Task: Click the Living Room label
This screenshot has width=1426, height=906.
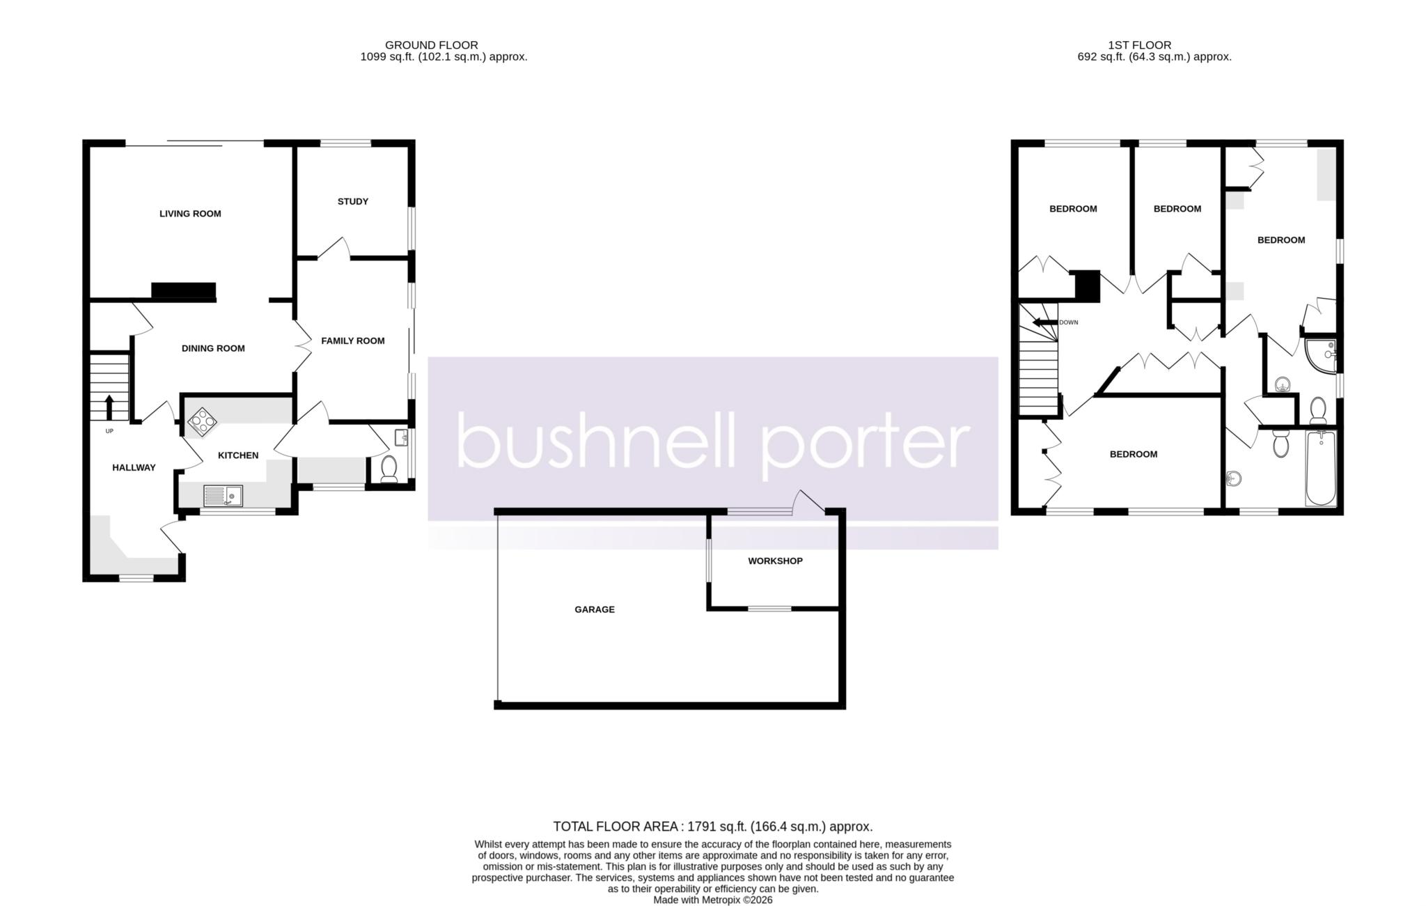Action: [190, 214]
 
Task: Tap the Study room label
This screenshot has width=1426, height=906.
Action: [353, 202]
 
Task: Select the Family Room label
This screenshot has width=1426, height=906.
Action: [353, 341]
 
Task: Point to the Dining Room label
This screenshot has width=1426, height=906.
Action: [213, 348]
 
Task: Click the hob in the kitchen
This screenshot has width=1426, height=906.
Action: [203, 421]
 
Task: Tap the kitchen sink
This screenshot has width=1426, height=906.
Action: [223, 496]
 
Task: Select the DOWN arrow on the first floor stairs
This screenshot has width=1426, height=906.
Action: [1044, 322]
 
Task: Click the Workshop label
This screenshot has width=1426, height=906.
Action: [775, 561]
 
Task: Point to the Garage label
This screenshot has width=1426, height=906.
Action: [595, 610]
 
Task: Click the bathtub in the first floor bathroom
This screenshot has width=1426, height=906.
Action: [1320, 468]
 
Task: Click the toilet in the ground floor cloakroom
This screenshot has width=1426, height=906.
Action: [389, 469]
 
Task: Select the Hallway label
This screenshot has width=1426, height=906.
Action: [134, 468]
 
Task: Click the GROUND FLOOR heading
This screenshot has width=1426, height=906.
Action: [432, 45]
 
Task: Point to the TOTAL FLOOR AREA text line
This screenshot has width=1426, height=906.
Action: [713, 827]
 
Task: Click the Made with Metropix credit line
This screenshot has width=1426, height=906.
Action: [713, 900]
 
